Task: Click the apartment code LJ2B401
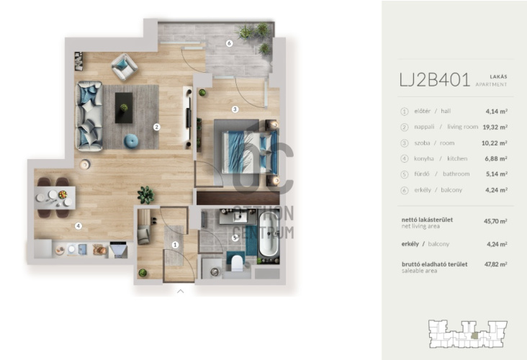(434, 81)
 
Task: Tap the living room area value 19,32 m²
(495, 127)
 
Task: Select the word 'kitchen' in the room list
(457, 158)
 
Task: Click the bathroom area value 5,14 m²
(497, 174)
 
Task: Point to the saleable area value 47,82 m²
(496, 264)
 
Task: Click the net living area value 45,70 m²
(495, 221)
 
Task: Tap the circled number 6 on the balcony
(229, 43)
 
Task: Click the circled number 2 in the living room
(156, 127)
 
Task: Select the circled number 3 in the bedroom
(235, 109)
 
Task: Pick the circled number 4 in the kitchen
(78, 226)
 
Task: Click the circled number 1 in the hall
(175, 245)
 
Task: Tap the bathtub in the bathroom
(269, 235)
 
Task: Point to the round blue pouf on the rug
(131, 141)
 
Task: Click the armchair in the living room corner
(125, 66)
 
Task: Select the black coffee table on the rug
(124, 108)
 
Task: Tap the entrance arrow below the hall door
(181, 291)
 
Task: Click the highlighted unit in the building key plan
(474, 335)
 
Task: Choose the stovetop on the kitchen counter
(118, 250)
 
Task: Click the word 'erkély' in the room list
(423, 190)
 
